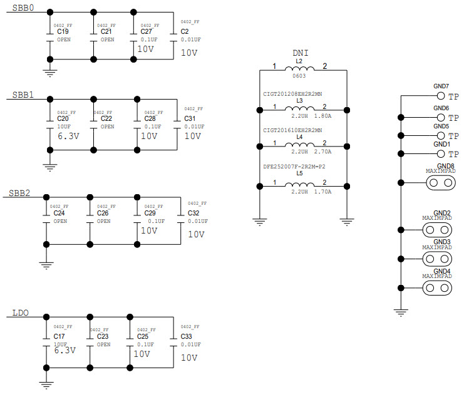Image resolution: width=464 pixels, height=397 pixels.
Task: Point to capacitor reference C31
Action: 190,118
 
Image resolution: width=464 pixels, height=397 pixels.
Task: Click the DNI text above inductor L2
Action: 301,55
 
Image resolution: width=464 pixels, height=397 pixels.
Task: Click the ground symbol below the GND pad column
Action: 400,311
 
